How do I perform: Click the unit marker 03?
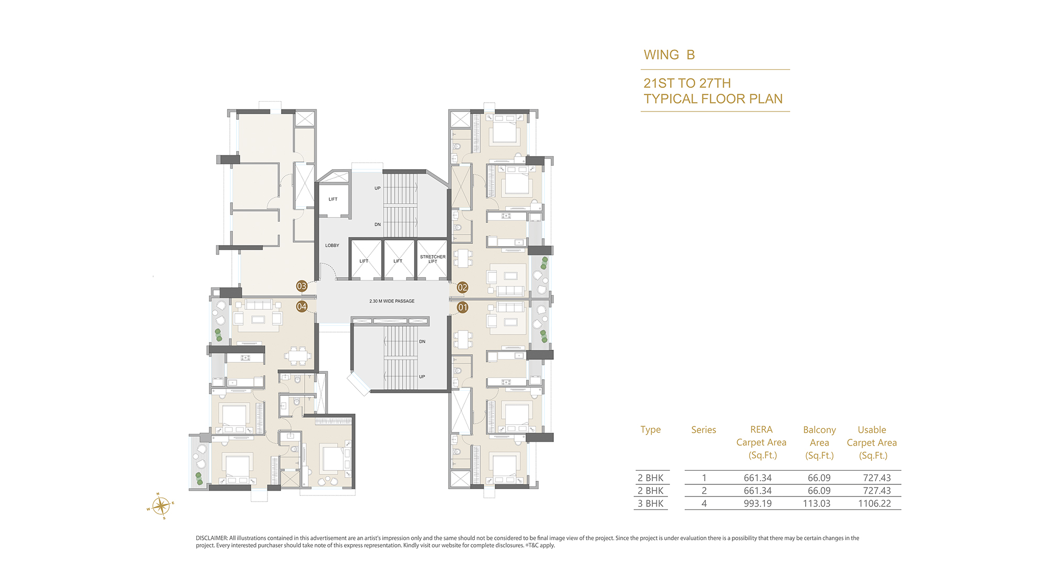(x=302, y=286)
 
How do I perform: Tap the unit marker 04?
(x=302, y=306)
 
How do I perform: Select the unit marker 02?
(x=462, y=287)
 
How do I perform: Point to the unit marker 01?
(x=462, y=307)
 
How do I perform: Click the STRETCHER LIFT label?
(x=433, y=259)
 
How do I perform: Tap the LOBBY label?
(x=332, y=246)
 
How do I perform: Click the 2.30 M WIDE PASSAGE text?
(x=392, y=301)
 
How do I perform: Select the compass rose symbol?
(x=160, y=506)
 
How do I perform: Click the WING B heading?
(x=669, y=55)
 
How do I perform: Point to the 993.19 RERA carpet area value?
(x=758, y=504)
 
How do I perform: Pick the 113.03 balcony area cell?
(x=817, y=504)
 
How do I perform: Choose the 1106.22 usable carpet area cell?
(x=874, y=504)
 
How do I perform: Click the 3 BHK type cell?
(x=651, y=504)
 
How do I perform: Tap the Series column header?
(x=704, y=430)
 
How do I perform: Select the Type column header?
(x=651, y=430)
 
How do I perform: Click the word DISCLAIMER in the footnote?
(x=211, y=538)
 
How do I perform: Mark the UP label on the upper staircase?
(x=377, y=189)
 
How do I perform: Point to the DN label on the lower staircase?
(x=422, y=342)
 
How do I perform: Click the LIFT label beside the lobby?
(x=333, y=200)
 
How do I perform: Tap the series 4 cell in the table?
(x=704, y=504)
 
